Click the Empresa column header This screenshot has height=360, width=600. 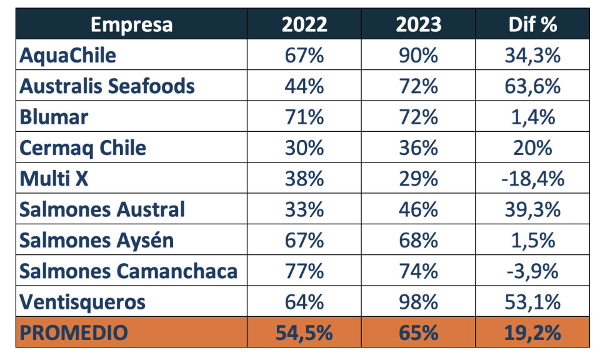tap(131, 24)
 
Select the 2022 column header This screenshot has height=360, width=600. tap(304, 24)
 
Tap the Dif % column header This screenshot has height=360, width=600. tap(532, 24)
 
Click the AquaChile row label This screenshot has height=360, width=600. tap(67, 55)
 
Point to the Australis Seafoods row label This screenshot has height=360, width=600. tap(107, 86)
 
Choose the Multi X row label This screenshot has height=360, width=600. tap(54, 179)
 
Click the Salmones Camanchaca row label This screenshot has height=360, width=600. tap(128, 271)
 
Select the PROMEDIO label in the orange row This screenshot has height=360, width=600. tap(73, 332)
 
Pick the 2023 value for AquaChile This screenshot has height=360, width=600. tap(418, 55)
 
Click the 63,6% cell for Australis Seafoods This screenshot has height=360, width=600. tap(532, 86)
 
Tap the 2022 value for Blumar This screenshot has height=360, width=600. tap(304, 117)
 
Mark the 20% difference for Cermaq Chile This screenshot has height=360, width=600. tap(532, 147)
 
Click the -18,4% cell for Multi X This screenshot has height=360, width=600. tap(532, 179)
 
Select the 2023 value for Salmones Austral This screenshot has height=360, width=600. tap(418, 209)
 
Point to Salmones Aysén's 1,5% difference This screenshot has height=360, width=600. tap(532, 241)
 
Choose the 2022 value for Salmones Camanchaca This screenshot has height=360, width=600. tap(304, 271)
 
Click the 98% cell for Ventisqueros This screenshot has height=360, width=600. tap(418, 302)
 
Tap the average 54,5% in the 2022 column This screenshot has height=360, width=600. tap(304, 332)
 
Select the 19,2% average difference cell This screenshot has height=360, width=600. tap(532, 332)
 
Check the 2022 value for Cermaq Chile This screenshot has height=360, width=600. tap(304, 147)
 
